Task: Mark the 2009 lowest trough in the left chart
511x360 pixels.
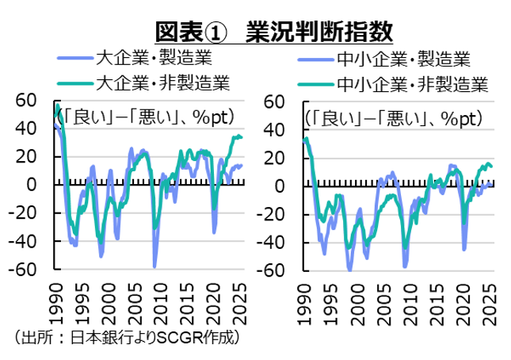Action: [154, 266]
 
